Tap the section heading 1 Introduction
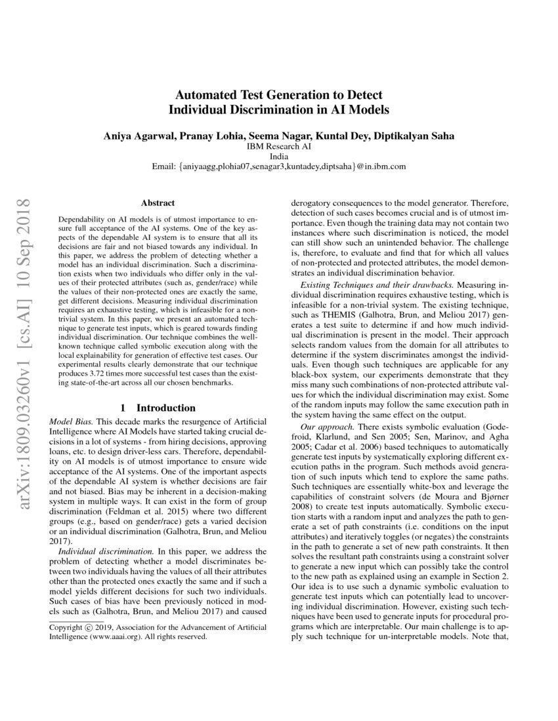coord(157,408)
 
